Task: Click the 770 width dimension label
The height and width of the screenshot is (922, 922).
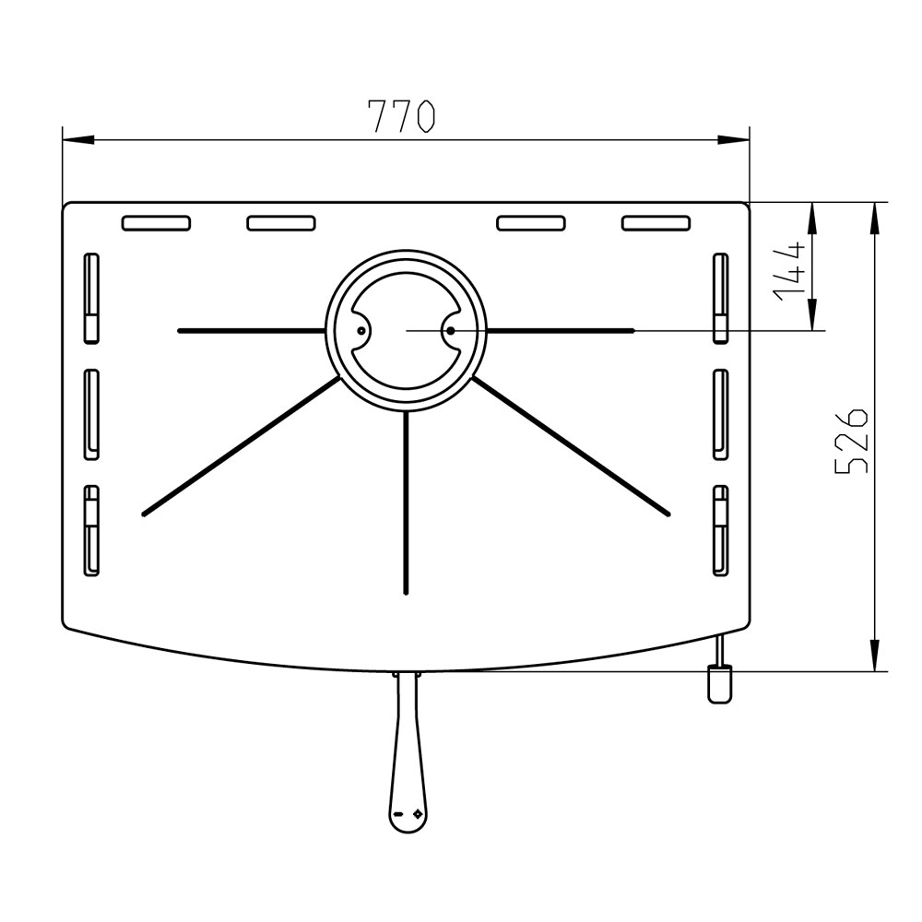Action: pyautogui.click(x=401, y=116)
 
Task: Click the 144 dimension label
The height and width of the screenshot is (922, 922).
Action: pyautogui.click(x=790, y=271)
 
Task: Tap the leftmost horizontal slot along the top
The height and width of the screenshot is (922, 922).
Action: pyautogui.click(x=156, y=223)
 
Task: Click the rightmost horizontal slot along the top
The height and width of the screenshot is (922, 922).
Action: pyautogui.click(x=656, y=223)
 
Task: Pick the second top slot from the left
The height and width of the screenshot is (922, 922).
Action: pyautogui.click(x=281, y=223)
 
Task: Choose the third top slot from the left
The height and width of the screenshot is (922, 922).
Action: pyautogui.click(x=531, y=223)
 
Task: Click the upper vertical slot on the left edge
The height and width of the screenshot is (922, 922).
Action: pyautogui.click(x=91, y=298)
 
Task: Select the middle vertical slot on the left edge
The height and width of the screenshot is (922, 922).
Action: pyautogui.click(x=91, y=415)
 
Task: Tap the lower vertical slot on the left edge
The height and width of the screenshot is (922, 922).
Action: pyautogui.click(x=91, y=530)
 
